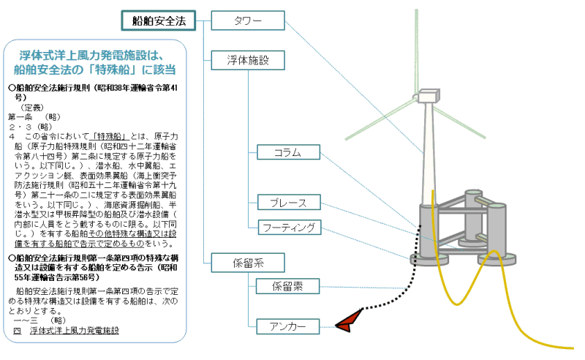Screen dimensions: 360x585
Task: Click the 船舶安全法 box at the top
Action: click(158, 20)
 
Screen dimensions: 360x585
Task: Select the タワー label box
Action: click(246, 20)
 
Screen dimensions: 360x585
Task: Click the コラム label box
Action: click(288, 152)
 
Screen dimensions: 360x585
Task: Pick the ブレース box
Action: click(288, 202)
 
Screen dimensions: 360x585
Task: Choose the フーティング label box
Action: click(288, 228)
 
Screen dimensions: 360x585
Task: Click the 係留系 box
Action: click(246, 261)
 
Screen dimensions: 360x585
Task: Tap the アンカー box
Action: click(288, 326)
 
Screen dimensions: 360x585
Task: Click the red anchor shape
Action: click(350, 320)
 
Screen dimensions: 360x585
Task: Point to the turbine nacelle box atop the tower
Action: click(429, 95)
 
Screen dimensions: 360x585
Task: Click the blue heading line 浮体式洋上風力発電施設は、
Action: click(94, 55)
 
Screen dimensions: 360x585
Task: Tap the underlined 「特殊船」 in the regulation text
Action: click(111, 136)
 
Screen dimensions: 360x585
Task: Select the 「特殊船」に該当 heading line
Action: click(94, 70)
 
